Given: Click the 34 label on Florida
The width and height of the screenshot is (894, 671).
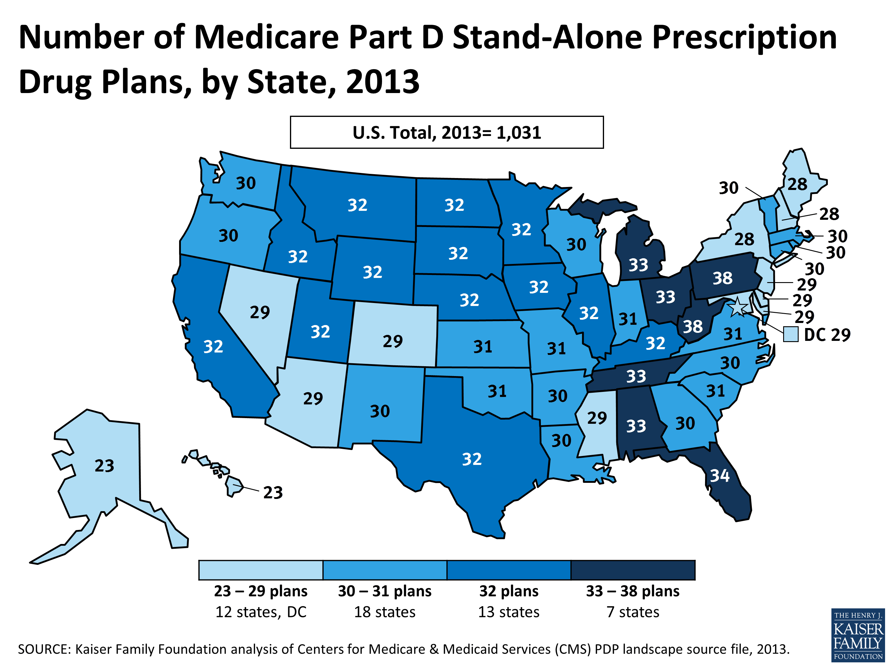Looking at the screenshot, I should point(720,476).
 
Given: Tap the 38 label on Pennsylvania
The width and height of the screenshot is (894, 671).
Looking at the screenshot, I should point(722,278).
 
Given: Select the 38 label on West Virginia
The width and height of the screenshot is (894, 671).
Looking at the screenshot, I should point(693,326).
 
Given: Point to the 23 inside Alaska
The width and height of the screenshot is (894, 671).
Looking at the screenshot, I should point(104,466).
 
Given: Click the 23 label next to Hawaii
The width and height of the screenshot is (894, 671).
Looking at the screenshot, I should point(273,493).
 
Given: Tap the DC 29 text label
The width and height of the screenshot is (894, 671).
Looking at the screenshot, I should point(827,335).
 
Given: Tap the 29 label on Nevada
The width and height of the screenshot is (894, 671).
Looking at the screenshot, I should point(260,312).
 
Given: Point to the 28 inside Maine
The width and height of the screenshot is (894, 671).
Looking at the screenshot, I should point(797,184).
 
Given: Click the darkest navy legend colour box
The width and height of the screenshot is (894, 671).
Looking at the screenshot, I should point(633,570).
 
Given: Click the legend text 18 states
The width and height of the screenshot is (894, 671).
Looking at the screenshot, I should point(384,612).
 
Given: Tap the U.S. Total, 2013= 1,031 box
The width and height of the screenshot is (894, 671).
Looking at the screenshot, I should point(447,132).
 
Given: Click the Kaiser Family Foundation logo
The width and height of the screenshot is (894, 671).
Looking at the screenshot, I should point(858,635).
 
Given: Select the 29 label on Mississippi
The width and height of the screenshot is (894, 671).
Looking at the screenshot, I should point(597,418).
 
